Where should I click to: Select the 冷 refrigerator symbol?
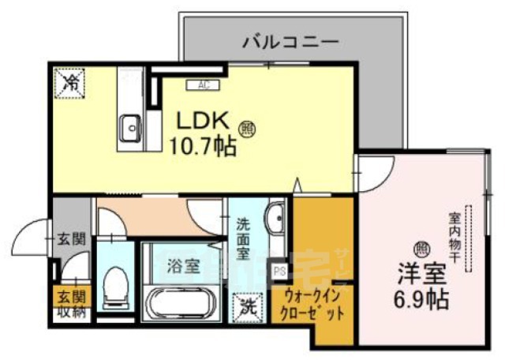pos(71,81)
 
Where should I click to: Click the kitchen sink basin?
pos(130,125)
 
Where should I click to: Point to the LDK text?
pos(201,121)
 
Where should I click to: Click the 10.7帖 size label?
pos(204,146)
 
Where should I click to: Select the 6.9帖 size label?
pos(423,300)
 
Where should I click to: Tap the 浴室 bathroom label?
pos(181,265)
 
